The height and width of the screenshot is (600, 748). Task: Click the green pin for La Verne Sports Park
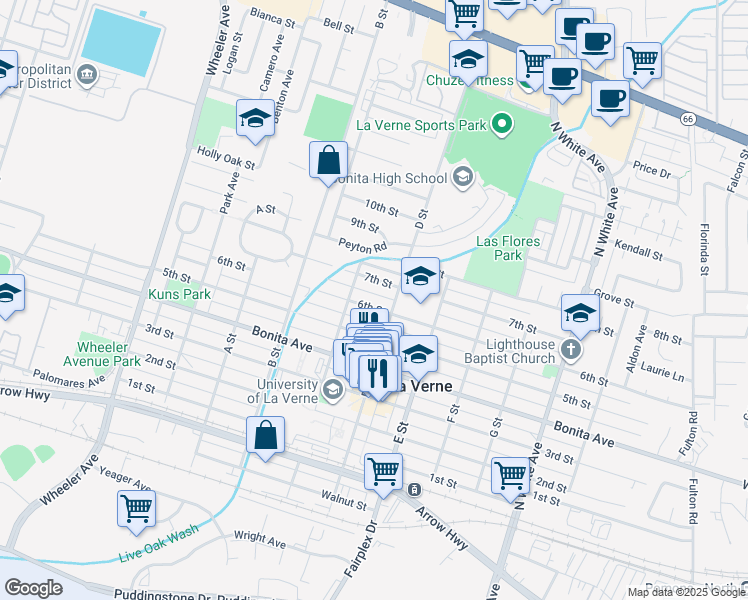[x=501, y=126]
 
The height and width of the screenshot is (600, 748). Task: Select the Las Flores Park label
[x=507, y=248]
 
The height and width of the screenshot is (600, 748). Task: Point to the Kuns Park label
[x=180, y=295]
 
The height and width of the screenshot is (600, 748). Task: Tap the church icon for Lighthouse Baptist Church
[x=570, y=349]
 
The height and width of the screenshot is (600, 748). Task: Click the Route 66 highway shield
[x=686, y=118]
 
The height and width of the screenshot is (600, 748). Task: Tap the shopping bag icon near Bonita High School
[x=328, y=160]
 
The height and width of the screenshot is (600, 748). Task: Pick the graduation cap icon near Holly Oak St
[x=256, y=118]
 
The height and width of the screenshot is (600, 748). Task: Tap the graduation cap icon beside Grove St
[x=580, y=313]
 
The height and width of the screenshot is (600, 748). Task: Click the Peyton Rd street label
[x=362, y=246]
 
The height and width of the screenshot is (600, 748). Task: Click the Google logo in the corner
[x=33, y=587]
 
